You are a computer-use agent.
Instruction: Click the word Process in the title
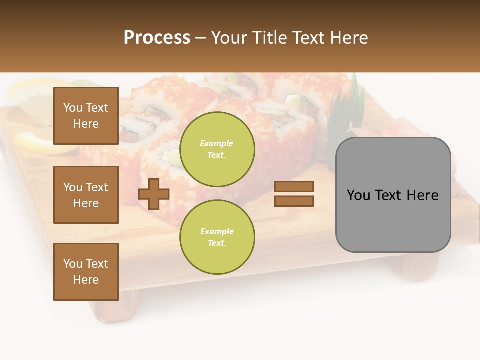(x=157, y=38)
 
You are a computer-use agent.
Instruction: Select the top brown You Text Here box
(x=86, y=116)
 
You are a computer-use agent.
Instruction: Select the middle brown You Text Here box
(x=86, y=195)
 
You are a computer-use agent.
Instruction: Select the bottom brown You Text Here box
(x=86, y=272)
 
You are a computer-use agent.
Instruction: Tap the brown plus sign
(x=154, y=194)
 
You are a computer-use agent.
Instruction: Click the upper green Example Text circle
(x=217, y=149)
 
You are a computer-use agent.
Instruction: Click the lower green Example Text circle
(x=217, y=237)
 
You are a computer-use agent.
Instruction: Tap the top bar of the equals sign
(x=294, y=187)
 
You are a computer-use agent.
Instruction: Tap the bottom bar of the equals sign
(x=294, y=201)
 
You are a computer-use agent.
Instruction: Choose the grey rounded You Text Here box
(x=393, y=195)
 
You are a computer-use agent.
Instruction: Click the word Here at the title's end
(x=349, y=38)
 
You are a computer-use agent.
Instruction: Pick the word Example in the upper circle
(x=217, y=143)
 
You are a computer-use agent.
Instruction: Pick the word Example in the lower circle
(x=217, y=231)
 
